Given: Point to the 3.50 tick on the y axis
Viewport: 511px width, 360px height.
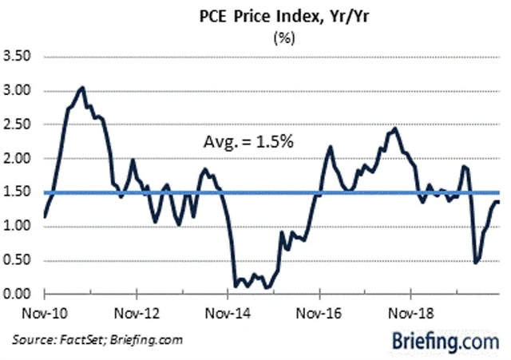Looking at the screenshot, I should [x=18, y=57].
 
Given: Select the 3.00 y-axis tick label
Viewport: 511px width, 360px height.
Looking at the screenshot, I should [x=18, y=91].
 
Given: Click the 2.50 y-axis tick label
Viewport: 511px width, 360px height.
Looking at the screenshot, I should [x=18, y=125].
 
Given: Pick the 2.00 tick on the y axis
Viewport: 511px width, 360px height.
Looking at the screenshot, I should [x=18, y=159].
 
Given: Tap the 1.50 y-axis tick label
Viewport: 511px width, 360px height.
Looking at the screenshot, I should [x=18, y=192].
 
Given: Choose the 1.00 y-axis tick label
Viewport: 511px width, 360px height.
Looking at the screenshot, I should [x=18, y=227].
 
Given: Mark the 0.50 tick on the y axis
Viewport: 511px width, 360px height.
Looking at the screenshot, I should [x=18, y=260].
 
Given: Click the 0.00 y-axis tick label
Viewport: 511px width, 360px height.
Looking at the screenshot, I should [x=18, y=295].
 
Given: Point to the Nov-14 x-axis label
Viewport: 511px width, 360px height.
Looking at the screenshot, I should [x=228, y=311].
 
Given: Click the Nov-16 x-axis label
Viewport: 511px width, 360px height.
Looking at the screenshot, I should [x=319, y=311].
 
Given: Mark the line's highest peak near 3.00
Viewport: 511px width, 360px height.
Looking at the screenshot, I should [x=83, y=87].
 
